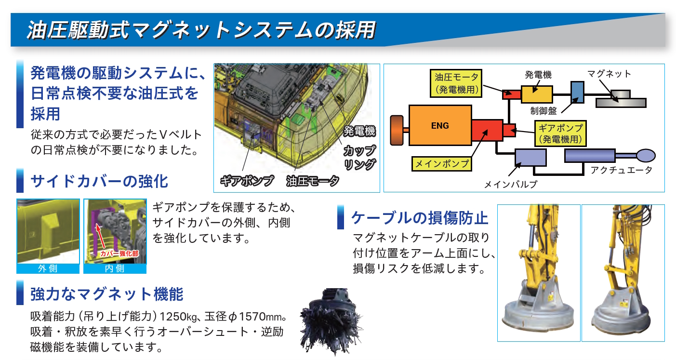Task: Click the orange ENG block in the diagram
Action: (440, 126)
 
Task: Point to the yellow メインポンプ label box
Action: (441, 163)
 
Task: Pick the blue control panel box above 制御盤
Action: (577, 92)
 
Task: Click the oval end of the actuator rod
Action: (645, 155)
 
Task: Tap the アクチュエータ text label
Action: (621, 170)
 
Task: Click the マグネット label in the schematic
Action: (609, 74)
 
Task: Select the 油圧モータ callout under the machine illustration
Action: (312, 181)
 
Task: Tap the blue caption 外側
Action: (48, 268)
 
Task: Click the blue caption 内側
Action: (115, 268)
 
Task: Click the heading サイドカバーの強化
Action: (99, 181)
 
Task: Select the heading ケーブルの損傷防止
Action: (420, 218)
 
